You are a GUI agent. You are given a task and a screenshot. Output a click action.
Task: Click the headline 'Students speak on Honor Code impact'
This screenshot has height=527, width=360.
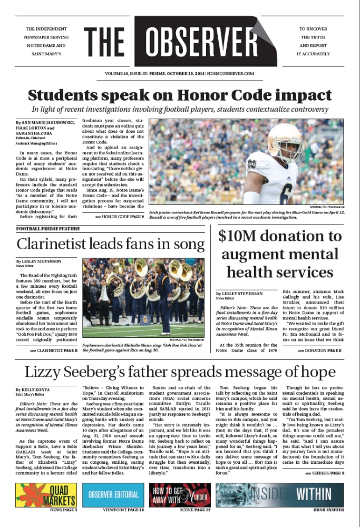[180, 95]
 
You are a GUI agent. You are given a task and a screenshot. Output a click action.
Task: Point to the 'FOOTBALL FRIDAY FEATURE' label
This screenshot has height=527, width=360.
[48, 229]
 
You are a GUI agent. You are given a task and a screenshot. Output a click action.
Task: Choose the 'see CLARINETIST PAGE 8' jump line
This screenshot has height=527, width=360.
[54, 350]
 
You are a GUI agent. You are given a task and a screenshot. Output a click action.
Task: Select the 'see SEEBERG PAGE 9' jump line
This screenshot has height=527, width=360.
[324, 473]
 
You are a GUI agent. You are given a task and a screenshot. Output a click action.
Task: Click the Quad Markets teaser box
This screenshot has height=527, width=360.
[46, 494]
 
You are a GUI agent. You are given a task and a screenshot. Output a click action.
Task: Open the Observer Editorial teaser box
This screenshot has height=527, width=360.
[113, 494]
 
